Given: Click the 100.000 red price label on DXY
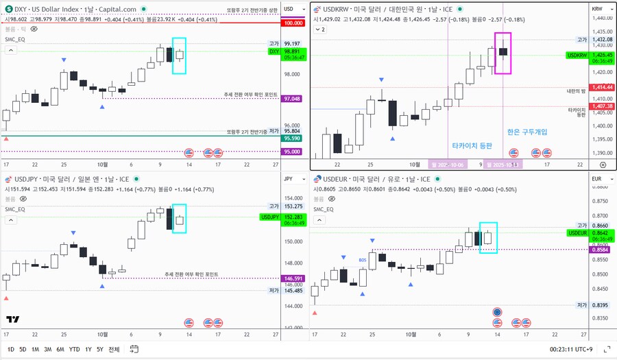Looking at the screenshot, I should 293,23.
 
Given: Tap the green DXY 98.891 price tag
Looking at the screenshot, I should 293,51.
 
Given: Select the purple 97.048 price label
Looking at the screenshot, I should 293,99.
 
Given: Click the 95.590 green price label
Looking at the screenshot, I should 293,139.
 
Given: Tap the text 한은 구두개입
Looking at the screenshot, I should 527,132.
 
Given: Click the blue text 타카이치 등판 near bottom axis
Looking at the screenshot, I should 472,145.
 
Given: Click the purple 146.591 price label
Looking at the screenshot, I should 293,278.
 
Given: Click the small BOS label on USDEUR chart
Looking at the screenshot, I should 363,260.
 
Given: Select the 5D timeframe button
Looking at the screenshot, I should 23,349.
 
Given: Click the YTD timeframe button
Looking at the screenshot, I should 74,349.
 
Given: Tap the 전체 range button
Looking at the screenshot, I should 114,349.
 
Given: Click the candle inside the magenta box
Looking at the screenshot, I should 503,51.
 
